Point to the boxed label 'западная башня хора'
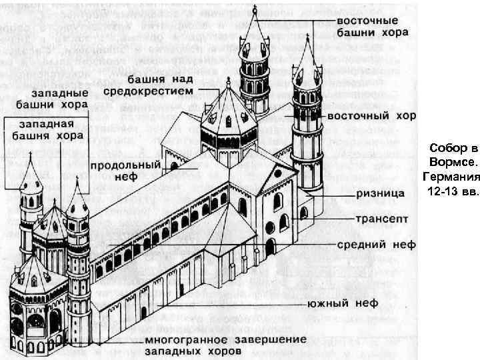coord(45,131)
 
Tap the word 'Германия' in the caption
coord(451,177)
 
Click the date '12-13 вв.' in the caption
coord(451,191)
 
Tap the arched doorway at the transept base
coord(269,247)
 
